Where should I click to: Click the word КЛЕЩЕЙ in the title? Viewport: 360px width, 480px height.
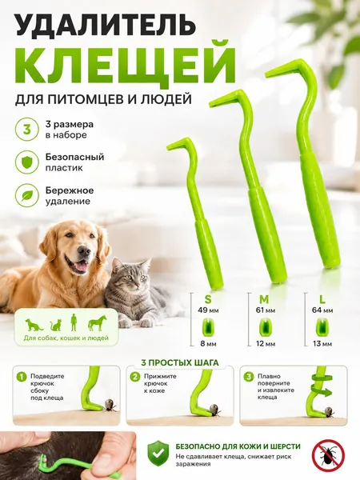pyautogui.click(x=126, y=64)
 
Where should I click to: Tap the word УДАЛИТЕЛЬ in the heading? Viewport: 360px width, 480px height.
pyautogui.click(x=106, y=23)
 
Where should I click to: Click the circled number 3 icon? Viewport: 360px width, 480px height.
pyautogui.click(x=27, y=130)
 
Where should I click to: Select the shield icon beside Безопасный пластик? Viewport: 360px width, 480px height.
pyautogui.click(x=27, y=162)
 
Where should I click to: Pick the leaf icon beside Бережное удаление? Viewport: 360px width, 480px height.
pyautogui.click(x=27, y=196)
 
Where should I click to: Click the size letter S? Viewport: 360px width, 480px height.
pyautogui.click(x=208, y=298)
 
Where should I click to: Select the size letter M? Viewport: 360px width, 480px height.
pyautogui.click(x=265, y=298)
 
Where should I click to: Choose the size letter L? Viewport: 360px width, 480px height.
pyautogui.click(x=322, y=298)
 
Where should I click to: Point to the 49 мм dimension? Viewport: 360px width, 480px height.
pyautogui.click(x=208, y=310)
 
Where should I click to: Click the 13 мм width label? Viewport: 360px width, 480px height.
pyautogui.click(x=322, y=344)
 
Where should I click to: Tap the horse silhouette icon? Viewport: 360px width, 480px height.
pyautogui.click(x=97, y=323)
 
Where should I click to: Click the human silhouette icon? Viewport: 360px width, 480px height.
pyautogui.click(x=74, y=322)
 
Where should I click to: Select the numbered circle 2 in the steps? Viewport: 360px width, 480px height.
pyautogui.click(x=134, y=377)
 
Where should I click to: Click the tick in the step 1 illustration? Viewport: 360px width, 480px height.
pyautogui.click(x=110, y=404)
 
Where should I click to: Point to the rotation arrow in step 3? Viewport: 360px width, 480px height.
pyautogui.click(x=321, y=390)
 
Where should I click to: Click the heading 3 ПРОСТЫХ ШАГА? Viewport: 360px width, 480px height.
pyautogui.click(x=180, y=363)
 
